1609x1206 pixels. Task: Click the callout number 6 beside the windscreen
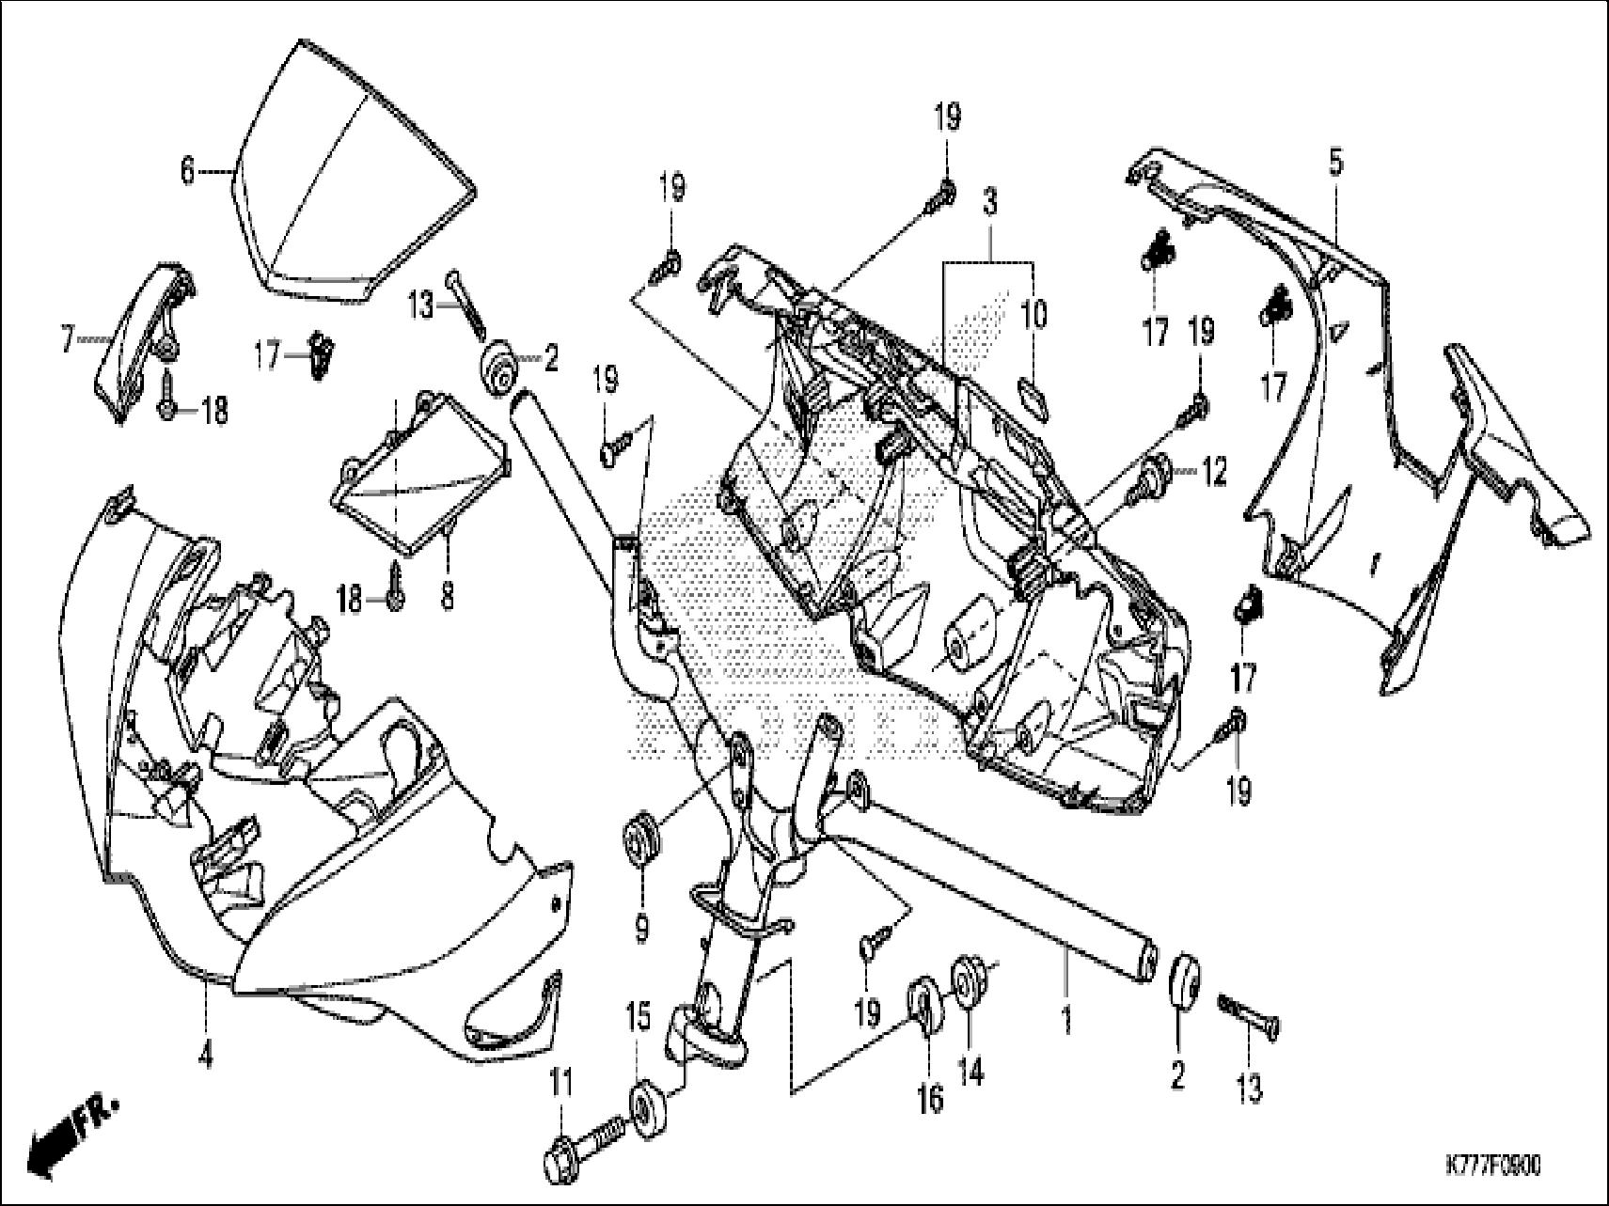[x=187, y=172]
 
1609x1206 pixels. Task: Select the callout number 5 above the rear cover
[x=1335, y=163]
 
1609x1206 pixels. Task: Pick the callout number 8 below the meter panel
[x=448, y=595]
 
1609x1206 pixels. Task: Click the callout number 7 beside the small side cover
[x=67, y=339]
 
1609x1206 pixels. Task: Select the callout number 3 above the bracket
[x=990, y=201]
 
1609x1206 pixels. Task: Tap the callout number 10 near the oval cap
[x=1033, y=315]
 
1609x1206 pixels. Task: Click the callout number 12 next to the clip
[x=1213, y=473]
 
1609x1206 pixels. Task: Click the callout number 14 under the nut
[x=970, y=1071]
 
